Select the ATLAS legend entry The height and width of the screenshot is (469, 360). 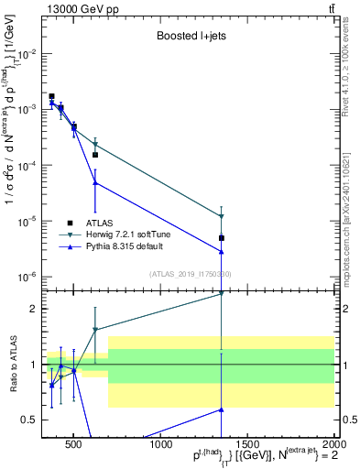102,222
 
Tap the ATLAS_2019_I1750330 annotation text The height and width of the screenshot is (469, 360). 190,274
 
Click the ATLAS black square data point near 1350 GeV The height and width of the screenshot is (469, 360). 222,238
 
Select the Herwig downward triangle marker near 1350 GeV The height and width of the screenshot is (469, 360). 222,216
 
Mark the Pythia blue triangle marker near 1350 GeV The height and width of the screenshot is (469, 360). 222,251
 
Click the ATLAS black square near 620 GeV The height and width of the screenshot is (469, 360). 95,155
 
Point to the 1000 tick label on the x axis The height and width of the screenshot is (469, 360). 161,444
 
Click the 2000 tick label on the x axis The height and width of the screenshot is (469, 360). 333,444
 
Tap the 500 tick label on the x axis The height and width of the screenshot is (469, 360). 75,444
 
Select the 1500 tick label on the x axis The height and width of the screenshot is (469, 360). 247,444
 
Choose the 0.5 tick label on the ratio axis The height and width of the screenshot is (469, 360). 28,420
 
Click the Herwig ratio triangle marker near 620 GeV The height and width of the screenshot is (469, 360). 95,330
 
